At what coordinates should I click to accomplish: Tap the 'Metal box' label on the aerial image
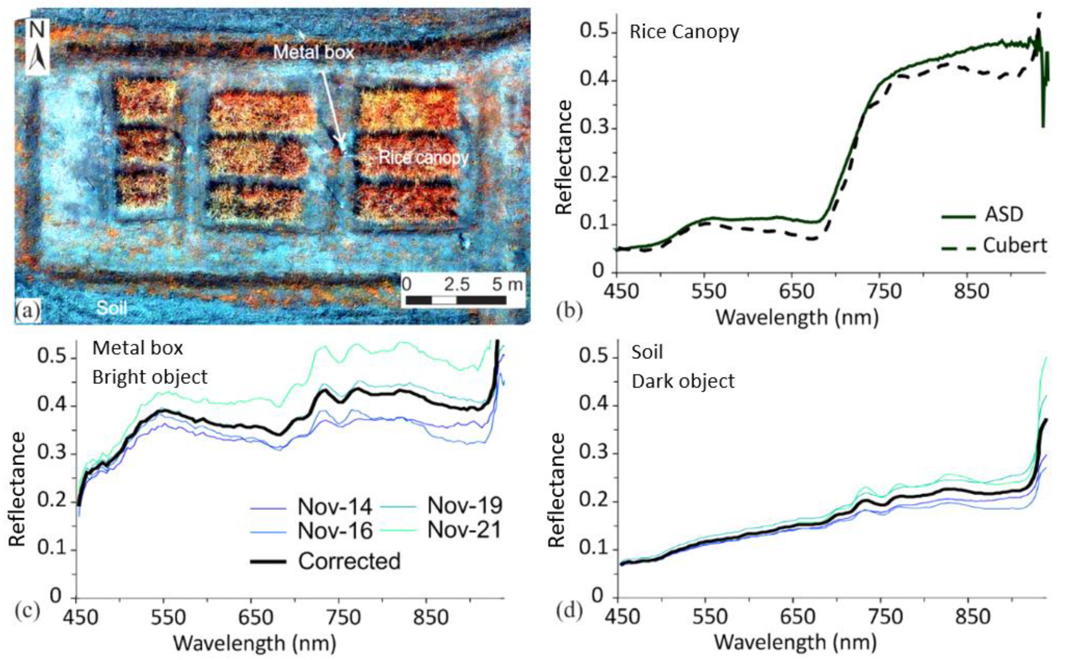(313, 53)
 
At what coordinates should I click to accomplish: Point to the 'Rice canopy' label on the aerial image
(423, 157)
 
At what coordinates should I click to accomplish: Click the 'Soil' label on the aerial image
(112, 308)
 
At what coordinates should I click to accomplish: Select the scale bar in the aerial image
(456, 300)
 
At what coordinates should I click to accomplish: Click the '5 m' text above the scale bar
(507, 285)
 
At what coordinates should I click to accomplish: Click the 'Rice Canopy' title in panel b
(684, 32)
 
